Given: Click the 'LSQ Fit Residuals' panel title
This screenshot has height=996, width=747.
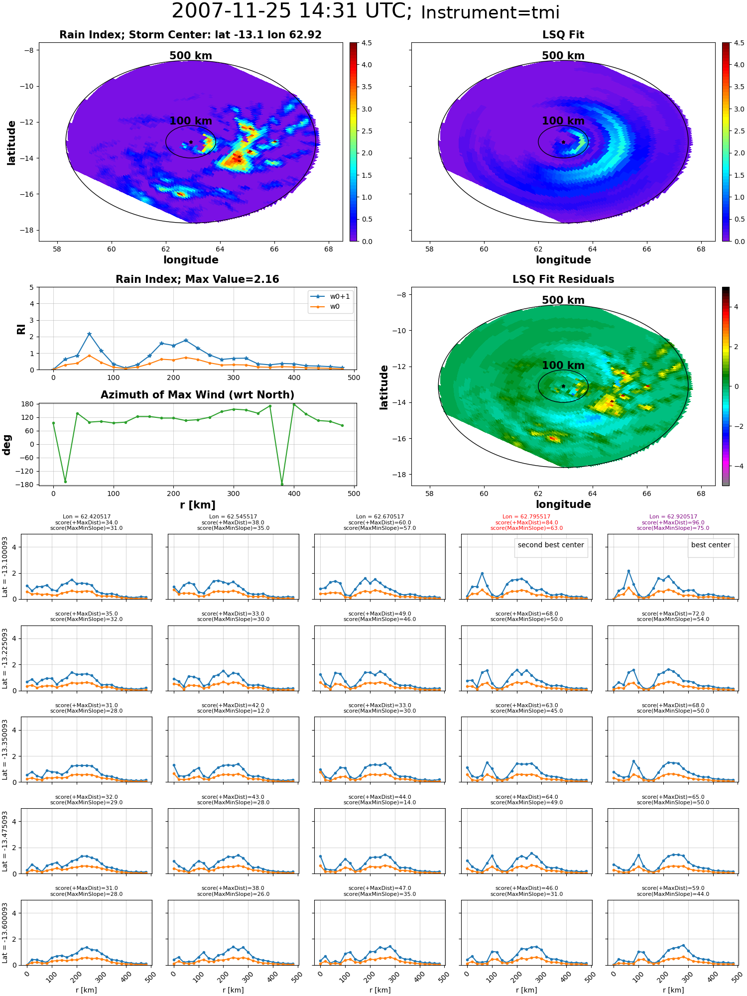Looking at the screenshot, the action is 563,279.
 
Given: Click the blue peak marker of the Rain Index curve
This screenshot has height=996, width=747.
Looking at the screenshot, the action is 89,334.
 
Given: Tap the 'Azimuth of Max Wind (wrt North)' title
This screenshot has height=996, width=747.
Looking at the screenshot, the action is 198,395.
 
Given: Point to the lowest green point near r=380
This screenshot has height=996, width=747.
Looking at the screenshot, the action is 282,484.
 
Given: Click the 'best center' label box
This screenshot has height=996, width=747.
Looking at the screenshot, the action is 711,545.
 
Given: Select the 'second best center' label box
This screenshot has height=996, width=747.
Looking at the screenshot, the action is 551,545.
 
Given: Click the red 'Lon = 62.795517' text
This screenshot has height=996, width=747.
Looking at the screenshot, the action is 526,517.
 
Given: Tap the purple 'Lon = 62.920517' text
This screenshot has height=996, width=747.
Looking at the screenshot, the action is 673,517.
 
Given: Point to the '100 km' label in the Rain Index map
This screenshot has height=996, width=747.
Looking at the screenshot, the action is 191,121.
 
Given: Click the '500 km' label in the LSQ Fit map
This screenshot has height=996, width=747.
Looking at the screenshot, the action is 563,56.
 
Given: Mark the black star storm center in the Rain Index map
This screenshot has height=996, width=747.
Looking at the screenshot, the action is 191,142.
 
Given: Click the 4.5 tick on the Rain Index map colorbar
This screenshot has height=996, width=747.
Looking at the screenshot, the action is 367,43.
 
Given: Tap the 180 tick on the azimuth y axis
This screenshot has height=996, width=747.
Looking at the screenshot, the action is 28,404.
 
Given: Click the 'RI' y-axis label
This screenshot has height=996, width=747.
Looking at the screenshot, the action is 21,329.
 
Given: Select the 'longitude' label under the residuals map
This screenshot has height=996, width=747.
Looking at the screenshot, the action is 563,504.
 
